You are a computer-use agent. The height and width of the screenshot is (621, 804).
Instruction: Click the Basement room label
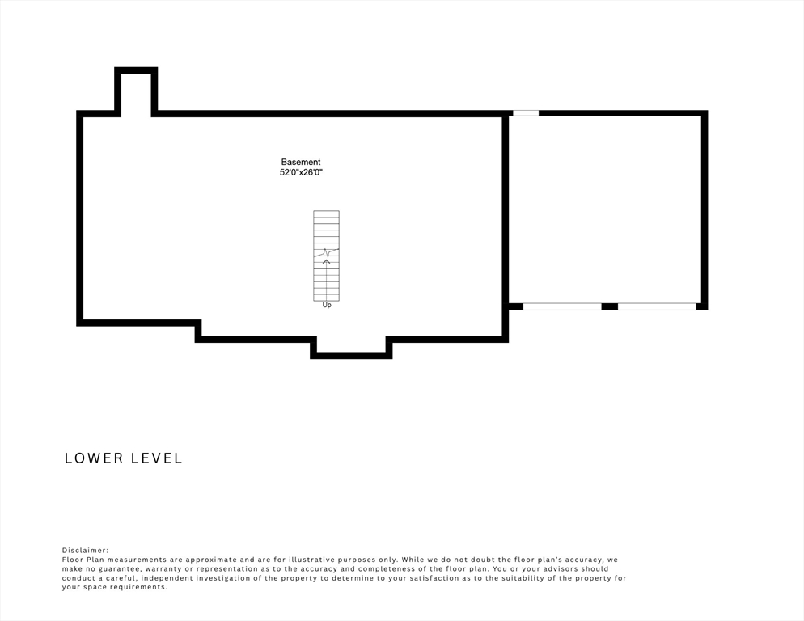[300, 162]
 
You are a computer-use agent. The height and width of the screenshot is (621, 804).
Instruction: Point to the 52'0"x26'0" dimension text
[301, 173]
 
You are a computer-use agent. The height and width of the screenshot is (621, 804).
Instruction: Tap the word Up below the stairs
[327, 305]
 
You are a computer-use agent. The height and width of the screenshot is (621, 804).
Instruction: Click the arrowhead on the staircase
[326, 262]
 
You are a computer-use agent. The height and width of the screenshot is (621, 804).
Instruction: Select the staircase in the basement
[327, 256]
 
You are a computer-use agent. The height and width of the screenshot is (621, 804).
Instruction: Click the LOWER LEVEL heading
[124, 458]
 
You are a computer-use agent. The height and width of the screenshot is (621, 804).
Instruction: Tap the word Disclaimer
[85, 550]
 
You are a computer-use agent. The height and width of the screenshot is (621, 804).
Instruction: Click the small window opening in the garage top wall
[526, 113]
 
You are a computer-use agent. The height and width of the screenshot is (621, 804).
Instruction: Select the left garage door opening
[562, 306]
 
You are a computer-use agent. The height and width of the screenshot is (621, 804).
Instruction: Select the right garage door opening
[657, 306]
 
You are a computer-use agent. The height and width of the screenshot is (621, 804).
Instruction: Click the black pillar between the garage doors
[610, 306]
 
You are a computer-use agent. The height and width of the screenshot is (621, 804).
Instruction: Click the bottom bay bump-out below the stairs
[351, 347]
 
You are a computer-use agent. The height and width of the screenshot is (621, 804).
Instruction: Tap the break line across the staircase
[327, 252]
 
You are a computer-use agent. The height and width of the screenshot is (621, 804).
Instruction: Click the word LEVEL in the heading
[157, 458]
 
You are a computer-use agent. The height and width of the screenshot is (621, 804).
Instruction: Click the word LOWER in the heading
[94, 458]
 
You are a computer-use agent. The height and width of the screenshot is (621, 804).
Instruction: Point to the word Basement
[300, 162]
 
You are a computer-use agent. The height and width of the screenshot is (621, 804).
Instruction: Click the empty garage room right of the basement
[605, 209]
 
